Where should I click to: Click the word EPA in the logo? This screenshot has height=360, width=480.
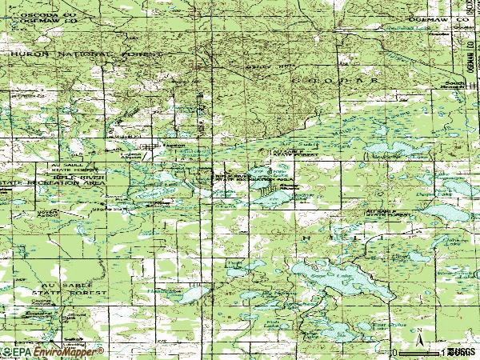point(21,351)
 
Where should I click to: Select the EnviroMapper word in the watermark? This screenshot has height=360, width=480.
point(68,351)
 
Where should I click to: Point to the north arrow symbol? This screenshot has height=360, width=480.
point(417,333)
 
